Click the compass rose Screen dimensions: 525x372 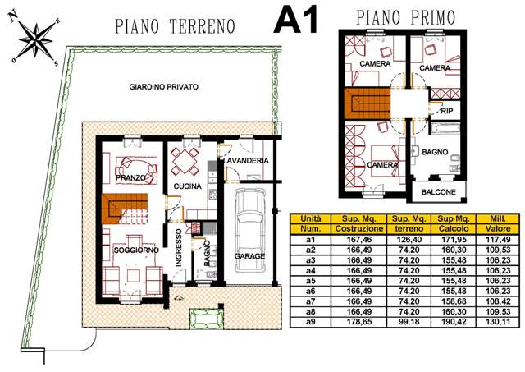click(35, 39)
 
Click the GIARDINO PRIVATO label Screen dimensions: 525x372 click(164, 87)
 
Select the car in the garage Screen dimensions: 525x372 click(249, 231)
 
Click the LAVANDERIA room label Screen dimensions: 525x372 click(246, 161)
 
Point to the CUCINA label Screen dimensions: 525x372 click(188, 186)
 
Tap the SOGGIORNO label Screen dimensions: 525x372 click(136, 250)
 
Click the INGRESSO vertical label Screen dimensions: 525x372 click(179, 248)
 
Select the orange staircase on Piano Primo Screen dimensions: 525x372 click(367, 103)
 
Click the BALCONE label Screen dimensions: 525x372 click(439, 192)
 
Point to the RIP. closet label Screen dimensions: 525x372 click(448, 111)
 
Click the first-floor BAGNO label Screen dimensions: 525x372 click(435, 152)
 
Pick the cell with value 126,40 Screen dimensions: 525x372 click(409, 240)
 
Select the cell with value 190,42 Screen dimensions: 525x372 click(454, 322)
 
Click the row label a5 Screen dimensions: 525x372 click(310, 281)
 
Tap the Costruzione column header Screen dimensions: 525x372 click(359, 229)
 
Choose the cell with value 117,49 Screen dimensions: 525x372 click(498, 240)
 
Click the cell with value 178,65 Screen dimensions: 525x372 click(359, 322)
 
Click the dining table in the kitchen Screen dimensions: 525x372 click(185, 162)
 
